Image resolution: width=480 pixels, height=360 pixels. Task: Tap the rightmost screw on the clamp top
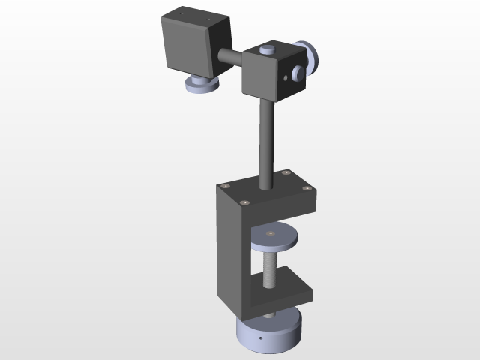(x=305, y=188)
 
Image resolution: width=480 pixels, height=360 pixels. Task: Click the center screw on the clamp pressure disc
(x=271, y=233)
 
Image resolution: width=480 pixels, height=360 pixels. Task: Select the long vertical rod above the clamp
(x=266, y=142)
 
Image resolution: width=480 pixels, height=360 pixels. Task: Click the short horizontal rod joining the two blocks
(x=230, y=57)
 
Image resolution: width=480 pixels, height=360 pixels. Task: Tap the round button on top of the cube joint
(x=265, y=51)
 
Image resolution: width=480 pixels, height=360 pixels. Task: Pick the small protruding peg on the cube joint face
(x=298, y=73)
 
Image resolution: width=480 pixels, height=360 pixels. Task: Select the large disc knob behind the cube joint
(x=310, y=56)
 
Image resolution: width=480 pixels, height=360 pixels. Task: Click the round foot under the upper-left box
(x=200, y=85)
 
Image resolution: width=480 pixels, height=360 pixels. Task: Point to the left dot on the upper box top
(x=183, y=13)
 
